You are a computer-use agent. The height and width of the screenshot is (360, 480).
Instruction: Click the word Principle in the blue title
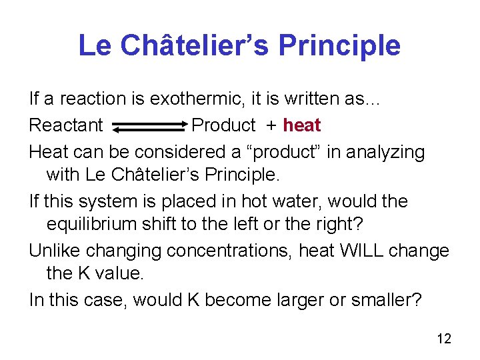339,46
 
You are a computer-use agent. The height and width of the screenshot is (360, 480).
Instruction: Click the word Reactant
66,125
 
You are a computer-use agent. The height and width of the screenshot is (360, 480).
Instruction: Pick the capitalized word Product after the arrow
223,125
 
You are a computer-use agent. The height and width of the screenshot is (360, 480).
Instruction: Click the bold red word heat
302,125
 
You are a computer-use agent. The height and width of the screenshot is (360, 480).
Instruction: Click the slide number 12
444,339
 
